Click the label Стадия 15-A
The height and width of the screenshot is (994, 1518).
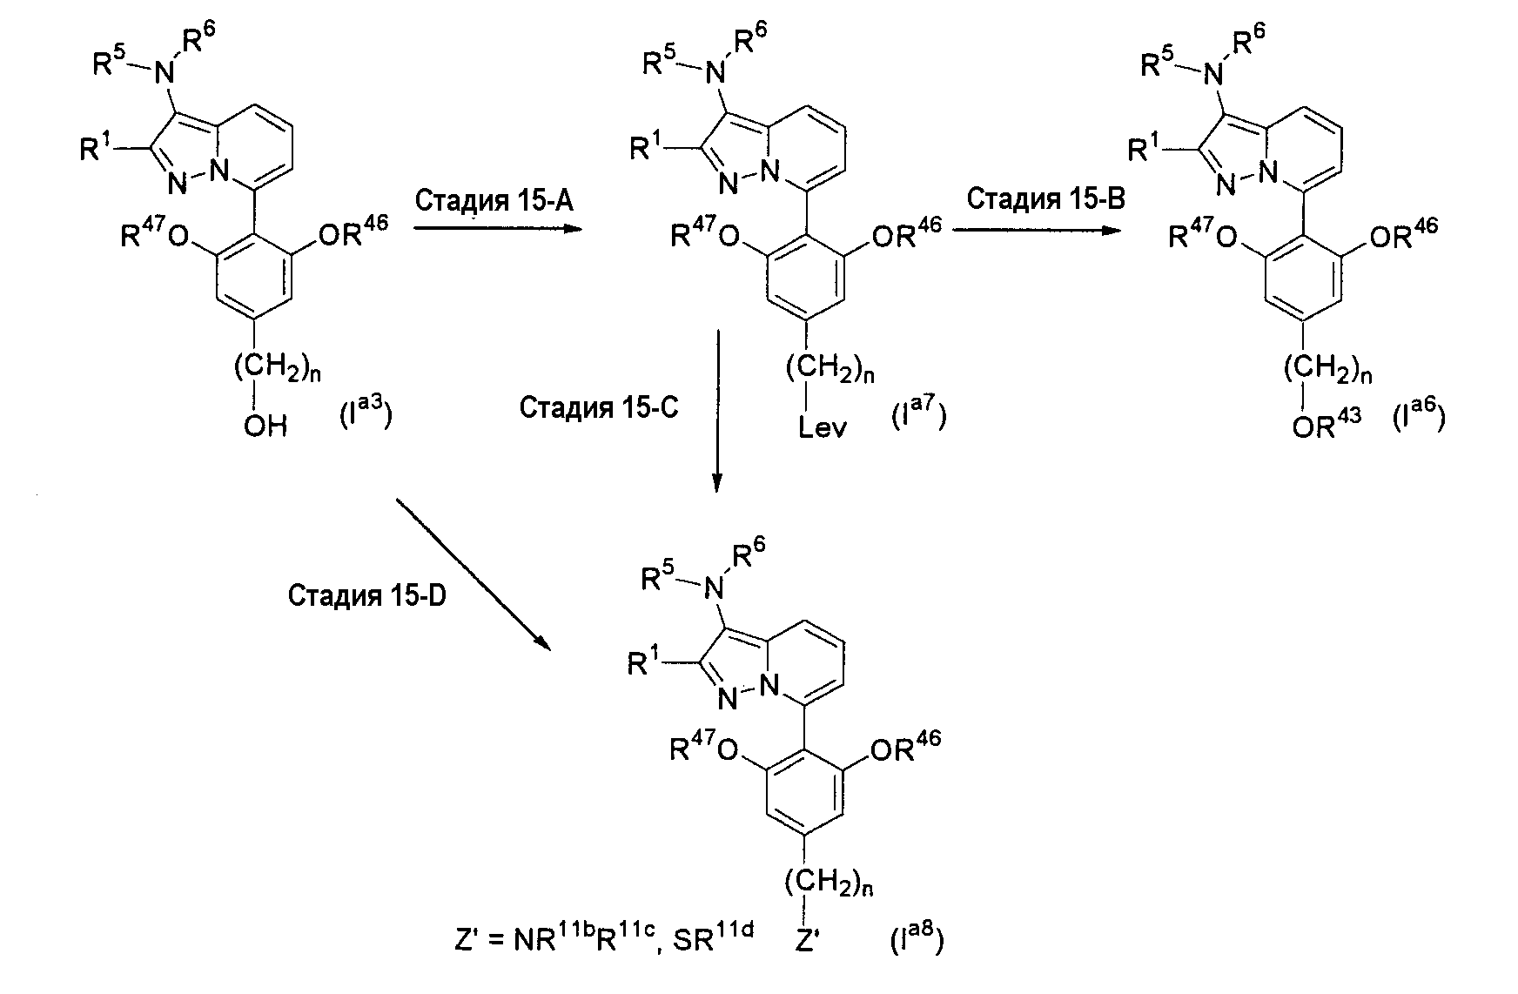click(x=494, y=201)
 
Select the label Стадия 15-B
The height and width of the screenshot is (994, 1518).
click(x=1045, y=198)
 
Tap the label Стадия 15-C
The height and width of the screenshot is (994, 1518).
click(x=598, y=407)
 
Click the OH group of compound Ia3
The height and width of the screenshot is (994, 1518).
click(x=265, y=426)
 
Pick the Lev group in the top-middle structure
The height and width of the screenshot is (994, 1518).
click(x=823, y=429)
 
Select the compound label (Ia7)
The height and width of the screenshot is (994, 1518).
click(x=918, y=413)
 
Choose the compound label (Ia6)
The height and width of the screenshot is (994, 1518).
click(x=1420, y=413)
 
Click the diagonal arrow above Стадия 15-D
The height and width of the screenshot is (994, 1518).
click(x=474, y=574)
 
